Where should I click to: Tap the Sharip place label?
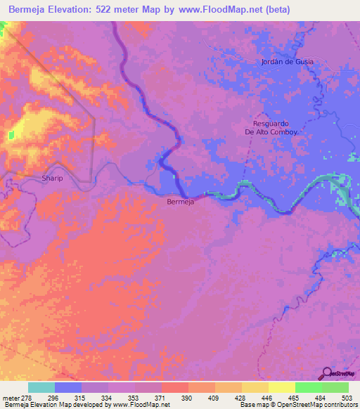click(x=34, y=178)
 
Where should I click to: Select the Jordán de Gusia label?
click(x=287, y=62)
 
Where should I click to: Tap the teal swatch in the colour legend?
click(x=41, y=387)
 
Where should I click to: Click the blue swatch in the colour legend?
click(x=68, y=387)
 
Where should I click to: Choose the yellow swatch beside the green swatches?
click(x=281, y=387)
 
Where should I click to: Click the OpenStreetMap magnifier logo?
click(x=326, y=373)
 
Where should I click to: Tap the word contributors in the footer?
click(x=340, y=405)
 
